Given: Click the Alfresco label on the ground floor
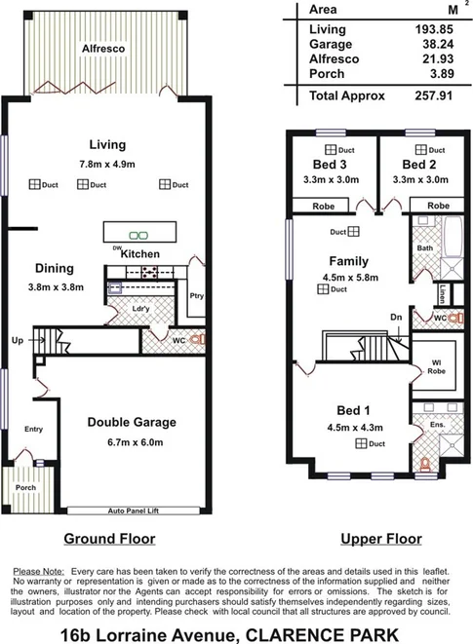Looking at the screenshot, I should click(x=99, y=46).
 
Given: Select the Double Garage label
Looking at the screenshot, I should click(x=131, y=422).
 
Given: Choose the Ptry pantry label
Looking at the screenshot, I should click(x=196, y=296).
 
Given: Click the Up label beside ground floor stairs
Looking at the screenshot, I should click(x=18, y=342).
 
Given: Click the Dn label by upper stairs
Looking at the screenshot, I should click(x=394, y=317).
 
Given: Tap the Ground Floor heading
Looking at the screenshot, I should click(x=109, y=539).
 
